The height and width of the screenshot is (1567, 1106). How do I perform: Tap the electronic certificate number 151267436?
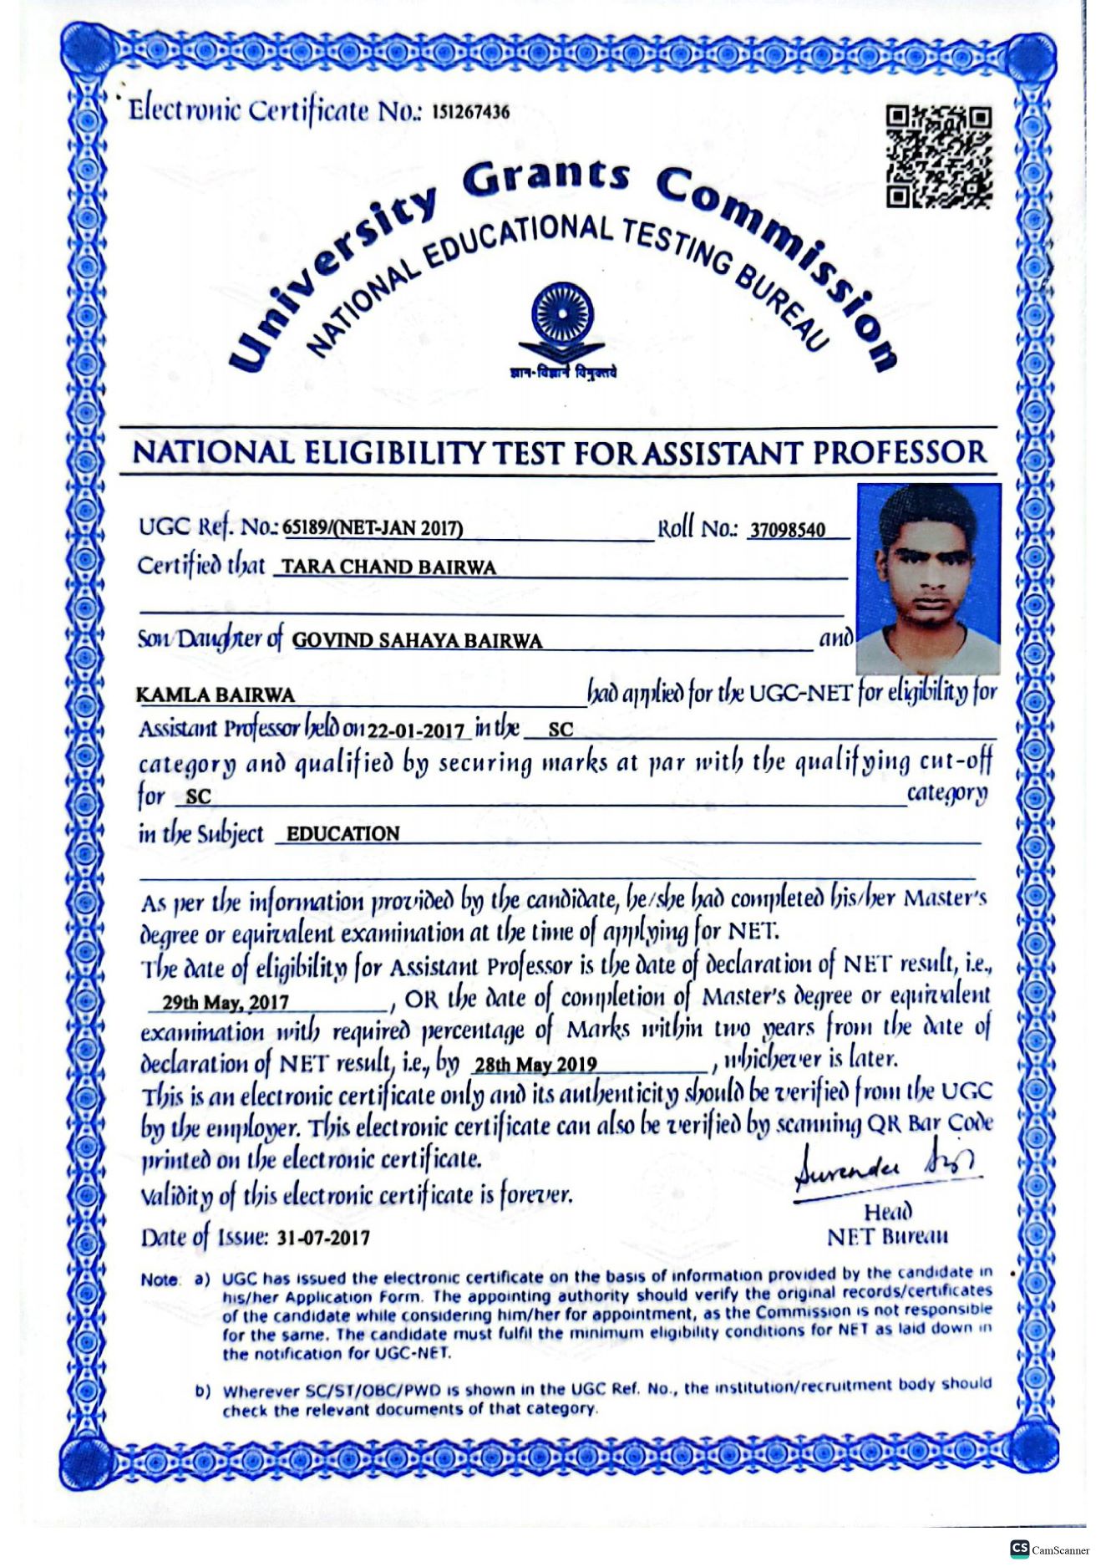coord(470,112)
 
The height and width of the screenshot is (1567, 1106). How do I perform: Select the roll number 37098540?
coord(787,530)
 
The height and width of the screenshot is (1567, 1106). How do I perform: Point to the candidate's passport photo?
coord(928,578)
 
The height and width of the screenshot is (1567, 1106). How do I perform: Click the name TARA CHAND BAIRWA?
coord(388,567)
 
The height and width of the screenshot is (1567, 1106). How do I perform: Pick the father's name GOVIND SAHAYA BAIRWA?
coord(417,641)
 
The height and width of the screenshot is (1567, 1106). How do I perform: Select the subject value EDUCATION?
coord(342,834)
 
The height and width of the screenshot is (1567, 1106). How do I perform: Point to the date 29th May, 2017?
coord(226,1002)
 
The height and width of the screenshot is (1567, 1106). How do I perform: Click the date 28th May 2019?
coord(535,1065)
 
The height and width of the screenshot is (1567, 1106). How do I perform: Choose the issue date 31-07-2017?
coord(323,1238)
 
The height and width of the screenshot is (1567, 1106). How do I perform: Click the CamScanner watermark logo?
coord(1048,1549)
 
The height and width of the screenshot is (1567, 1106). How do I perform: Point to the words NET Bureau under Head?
coord(887,1236)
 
